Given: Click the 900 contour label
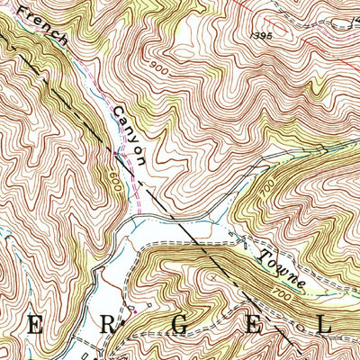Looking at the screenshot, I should point(159,67).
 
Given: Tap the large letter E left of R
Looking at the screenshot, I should point(38,326).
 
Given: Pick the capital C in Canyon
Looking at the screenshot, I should point(118,111).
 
